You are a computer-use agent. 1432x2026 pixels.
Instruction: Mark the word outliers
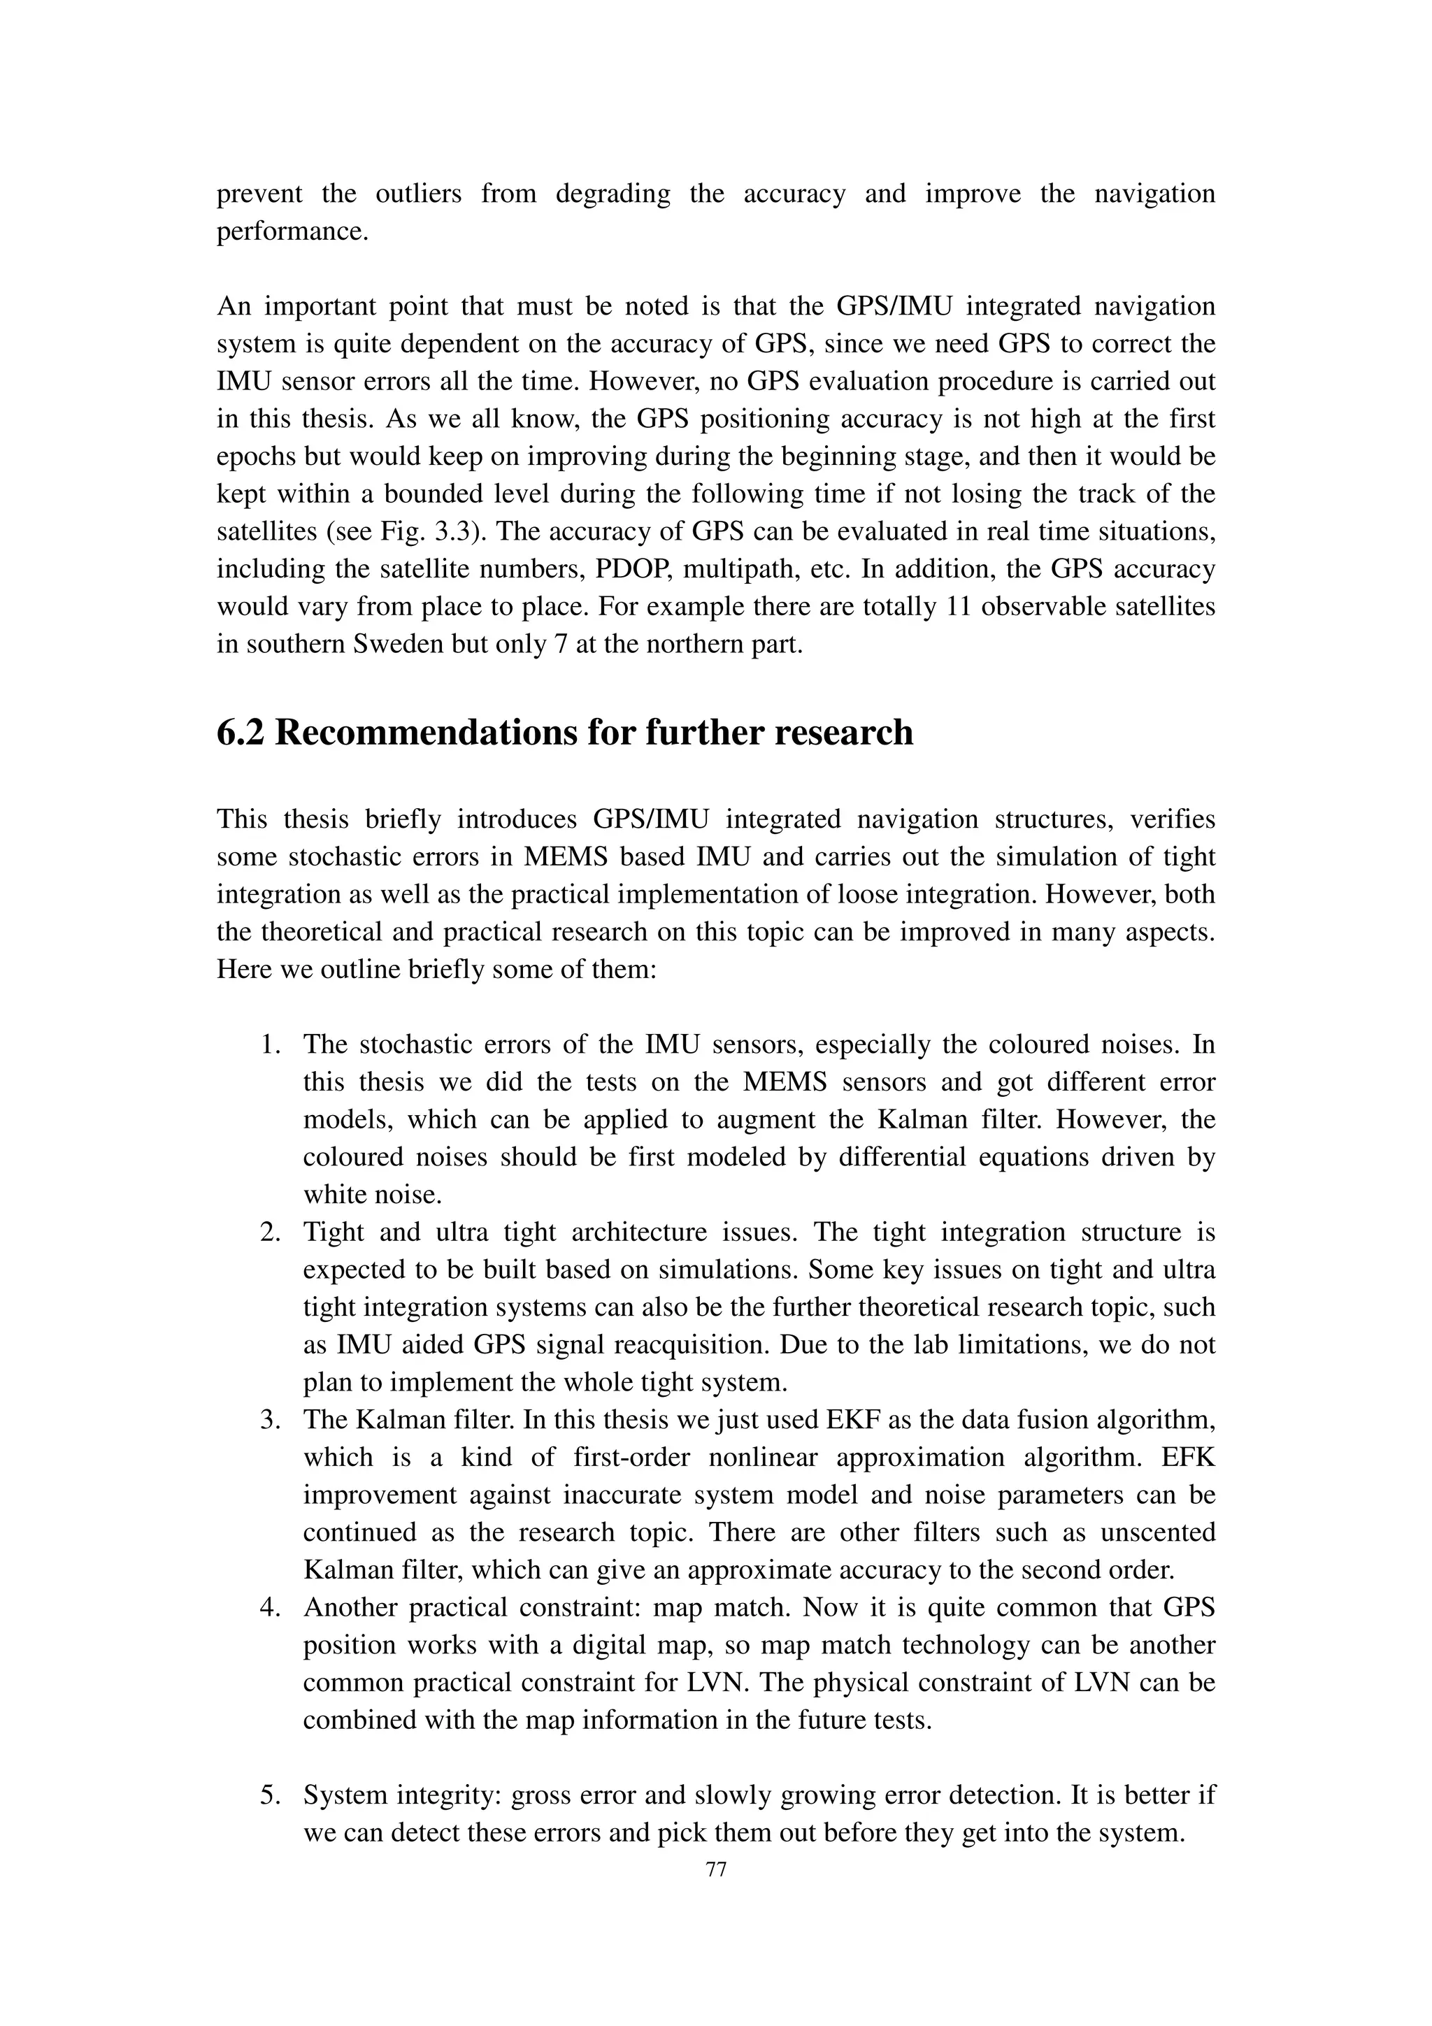click(x=418, y=194)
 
